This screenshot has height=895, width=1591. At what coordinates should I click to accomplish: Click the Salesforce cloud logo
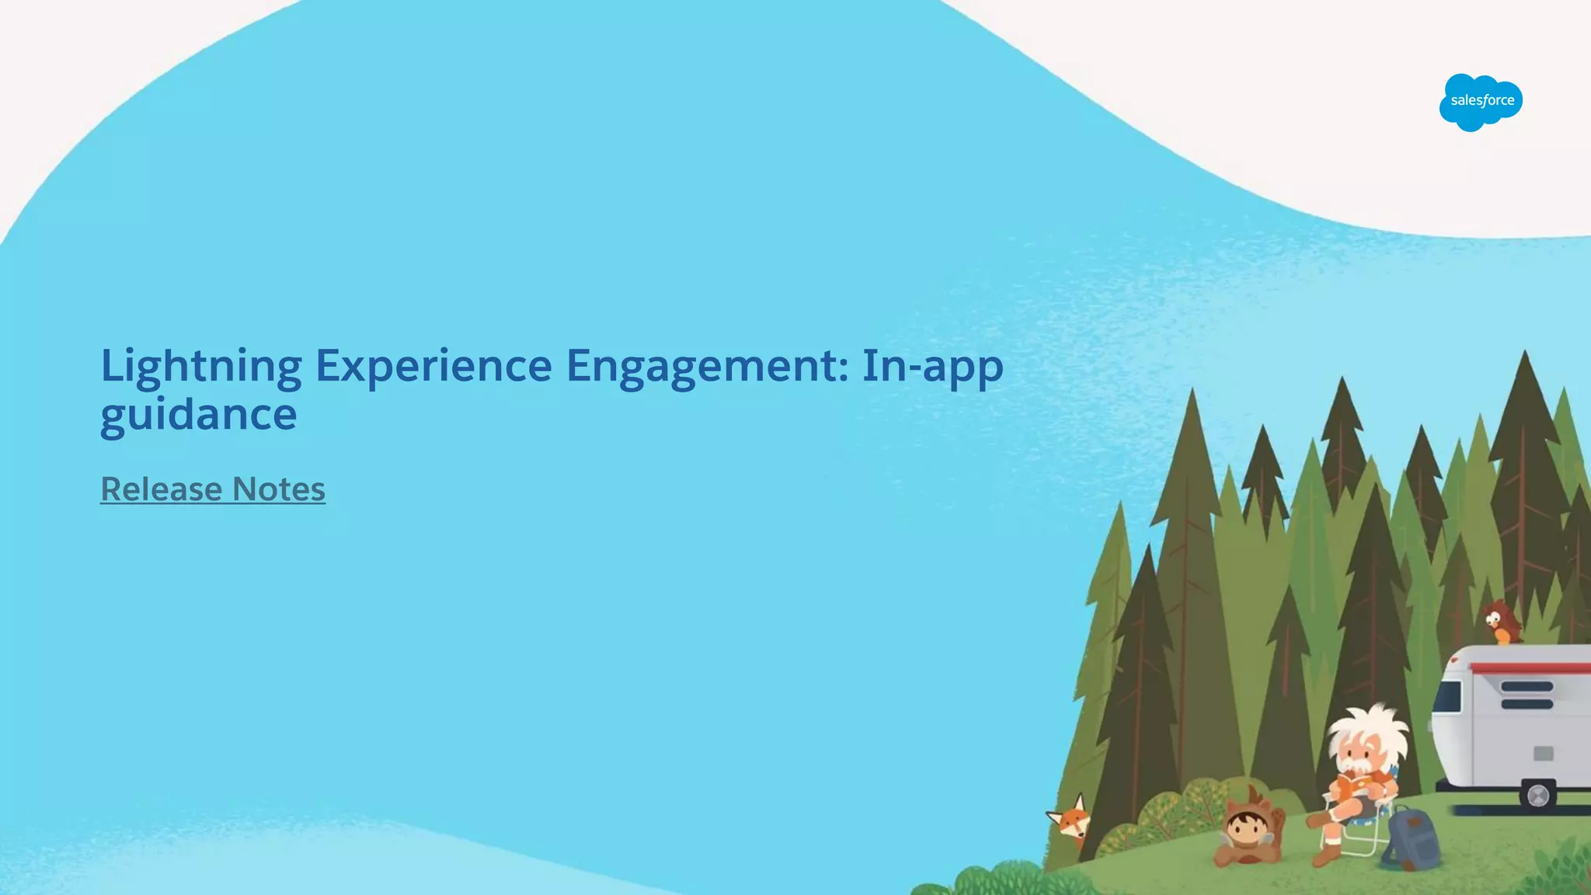1481,102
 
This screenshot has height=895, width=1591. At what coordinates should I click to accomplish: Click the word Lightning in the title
201,367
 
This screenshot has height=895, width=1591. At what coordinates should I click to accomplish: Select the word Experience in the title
433,367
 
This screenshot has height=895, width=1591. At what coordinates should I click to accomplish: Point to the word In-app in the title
932,367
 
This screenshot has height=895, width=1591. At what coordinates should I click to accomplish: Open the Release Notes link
213,489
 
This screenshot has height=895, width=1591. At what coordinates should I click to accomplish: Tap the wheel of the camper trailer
1537,796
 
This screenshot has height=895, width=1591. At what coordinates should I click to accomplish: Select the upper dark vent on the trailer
1527,687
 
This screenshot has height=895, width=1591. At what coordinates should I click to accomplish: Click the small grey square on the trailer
1543,753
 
